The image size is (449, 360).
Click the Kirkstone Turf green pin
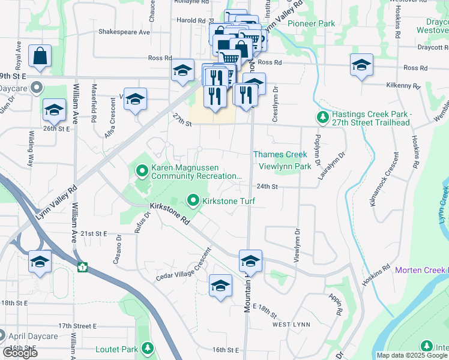193,200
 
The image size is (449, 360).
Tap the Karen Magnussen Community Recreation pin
142,172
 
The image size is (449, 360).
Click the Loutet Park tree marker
147,349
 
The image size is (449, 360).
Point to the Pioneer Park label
311,23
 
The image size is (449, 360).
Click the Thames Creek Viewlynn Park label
280,160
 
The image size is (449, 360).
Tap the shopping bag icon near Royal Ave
40,56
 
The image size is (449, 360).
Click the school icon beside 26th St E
54,109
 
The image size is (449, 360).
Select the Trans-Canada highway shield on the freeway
82,266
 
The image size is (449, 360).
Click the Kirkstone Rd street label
171,214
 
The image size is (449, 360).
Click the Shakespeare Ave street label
124,32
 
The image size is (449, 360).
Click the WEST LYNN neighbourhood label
289,325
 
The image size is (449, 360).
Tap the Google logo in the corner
20,353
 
